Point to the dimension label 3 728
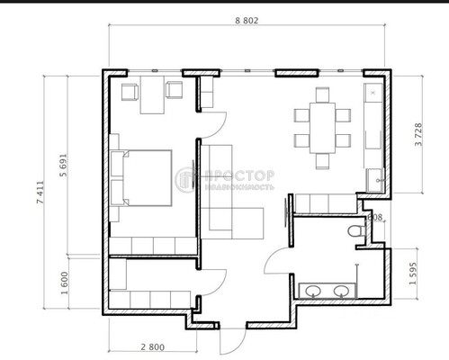click(417, 135)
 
